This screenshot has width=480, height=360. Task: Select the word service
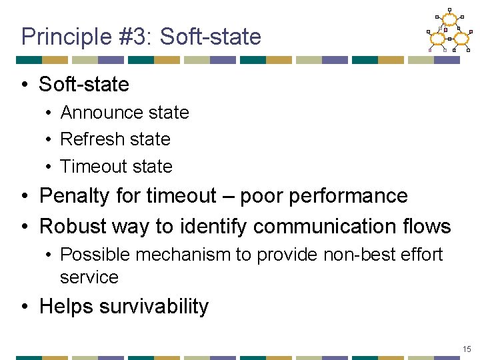[89, 277]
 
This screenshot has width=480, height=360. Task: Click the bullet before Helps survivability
[25, 307]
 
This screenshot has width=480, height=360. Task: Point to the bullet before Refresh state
[50, 139]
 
